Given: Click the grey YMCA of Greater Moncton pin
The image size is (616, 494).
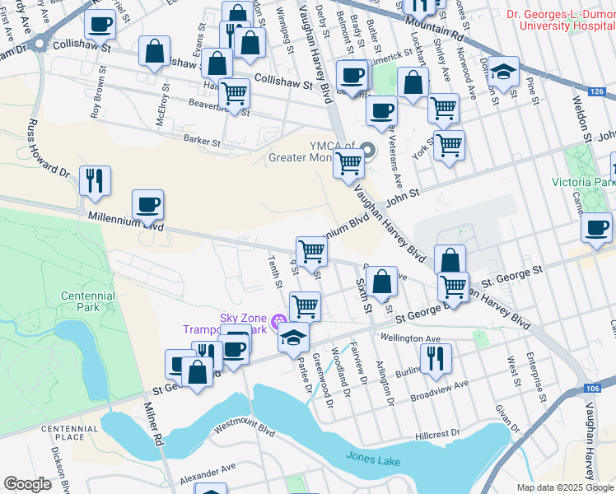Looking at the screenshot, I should [367, 150].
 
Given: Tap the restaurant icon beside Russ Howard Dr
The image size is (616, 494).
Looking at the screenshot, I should [95, 180].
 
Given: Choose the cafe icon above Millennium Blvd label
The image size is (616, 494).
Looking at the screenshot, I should [147, 204].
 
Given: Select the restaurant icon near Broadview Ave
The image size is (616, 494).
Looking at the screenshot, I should [436, 357].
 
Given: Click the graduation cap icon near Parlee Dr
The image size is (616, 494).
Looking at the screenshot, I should [293, 337].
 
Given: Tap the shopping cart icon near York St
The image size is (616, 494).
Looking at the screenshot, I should [449, 145].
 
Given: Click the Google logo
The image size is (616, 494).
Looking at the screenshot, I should [27, 484].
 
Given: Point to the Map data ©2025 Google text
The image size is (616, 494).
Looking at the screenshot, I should [564, 487].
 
